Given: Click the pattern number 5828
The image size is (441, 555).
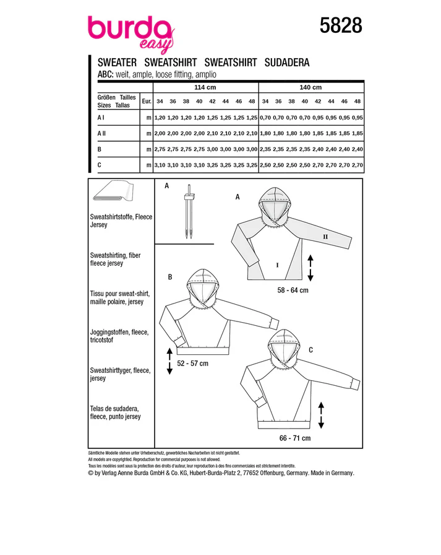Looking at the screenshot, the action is click(x=341, y=25).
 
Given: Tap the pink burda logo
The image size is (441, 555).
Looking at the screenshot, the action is click(x=131, y=33).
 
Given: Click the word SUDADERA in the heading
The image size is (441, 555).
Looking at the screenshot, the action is click(x=287, y=63).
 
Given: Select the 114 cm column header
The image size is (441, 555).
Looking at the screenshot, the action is click(x=205, y=87).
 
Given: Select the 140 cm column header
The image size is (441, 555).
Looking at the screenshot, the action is click(x=310, y=87).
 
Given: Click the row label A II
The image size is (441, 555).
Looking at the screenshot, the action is click(x=101, y=133).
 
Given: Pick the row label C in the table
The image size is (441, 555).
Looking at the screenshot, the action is click(x=100, y=165).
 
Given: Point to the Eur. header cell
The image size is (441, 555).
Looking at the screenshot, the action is click(x=147, y=101).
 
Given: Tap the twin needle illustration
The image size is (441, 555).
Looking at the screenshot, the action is click(x=189, y=211).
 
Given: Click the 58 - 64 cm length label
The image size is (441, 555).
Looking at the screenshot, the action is click(x=293, y=291).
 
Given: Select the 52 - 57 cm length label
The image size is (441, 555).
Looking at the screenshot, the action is click(x=192, y=364).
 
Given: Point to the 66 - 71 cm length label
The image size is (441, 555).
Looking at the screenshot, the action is click(x=294, y=438).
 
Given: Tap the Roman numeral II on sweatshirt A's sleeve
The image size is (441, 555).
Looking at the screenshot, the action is click(x=325, y=237).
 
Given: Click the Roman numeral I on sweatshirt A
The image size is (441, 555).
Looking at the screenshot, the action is click(x=277, y=264).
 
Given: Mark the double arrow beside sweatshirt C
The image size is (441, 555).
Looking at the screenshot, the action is click(x=321, y=415).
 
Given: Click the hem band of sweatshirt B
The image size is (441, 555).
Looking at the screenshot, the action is click(x=203, y=351).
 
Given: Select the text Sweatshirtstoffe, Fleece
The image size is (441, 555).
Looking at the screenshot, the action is click(x=121, y=217).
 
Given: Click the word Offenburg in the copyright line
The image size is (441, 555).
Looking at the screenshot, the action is click(x=272, y=473).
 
